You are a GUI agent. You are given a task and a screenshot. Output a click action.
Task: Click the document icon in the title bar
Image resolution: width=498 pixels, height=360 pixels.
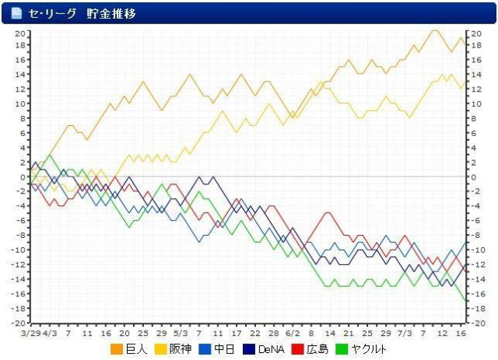tap(16, 13)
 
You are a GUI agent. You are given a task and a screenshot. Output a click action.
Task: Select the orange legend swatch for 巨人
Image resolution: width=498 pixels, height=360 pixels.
tap(117, 349)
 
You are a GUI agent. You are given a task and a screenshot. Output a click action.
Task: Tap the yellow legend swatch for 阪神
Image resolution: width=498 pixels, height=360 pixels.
tap(162, 349)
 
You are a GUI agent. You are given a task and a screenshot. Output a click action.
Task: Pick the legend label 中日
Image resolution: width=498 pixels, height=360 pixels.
tap(225, 349)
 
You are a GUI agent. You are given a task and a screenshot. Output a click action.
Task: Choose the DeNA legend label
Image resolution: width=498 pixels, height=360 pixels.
tap(271, 349)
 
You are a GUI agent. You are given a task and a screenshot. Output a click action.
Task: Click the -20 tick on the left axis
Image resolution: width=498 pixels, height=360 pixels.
tap(18, 323)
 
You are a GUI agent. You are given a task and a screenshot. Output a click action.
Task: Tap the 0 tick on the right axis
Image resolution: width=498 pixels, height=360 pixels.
tap(474, 177)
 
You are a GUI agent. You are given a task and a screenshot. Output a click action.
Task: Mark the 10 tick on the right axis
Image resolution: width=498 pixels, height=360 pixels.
tap(476, 103)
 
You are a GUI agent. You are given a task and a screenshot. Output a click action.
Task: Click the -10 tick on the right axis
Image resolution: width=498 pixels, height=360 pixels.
tap(478, 250)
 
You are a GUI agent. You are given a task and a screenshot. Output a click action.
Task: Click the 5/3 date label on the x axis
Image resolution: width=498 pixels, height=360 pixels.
tap(180, 333)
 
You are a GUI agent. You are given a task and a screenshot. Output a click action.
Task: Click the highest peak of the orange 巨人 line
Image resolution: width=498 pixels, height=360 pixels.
tap(434, 31)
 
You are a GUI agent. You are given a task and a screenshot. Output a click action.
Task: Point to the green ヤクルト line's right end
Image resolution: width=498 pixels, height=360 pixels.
tap(465, 300)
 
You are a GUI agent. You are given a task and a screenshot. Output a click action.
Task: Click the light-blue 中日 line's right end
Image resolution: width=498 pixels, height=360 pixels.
tap(465, 242)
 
